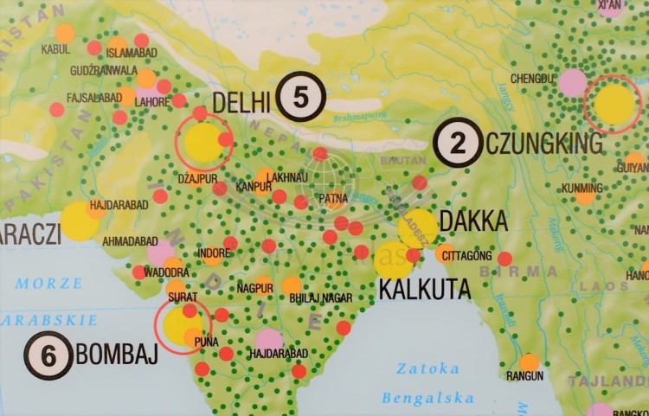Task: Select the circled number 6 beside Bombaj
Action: click(x=48, y=355)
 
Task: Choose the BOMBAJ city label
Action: click(x=117, y=355)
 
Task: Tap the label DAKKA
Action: click(x=473, y=221)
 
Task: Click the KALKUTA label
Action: click(x=424, y=287)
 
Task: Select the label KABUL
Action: click(x=55, y=50)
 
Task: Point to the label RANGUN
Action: click(x=525, y=376)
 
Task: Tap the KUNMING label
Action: click(x=582, y=187)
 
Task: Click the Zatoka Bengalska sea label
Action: click(x=429, y=383)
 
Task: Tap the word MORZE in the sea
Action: click(x=48, y=283)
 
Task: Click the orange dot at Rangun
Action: click(x=530, y=361)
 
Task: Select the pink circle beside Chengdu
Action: click(x=572, y=83)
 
